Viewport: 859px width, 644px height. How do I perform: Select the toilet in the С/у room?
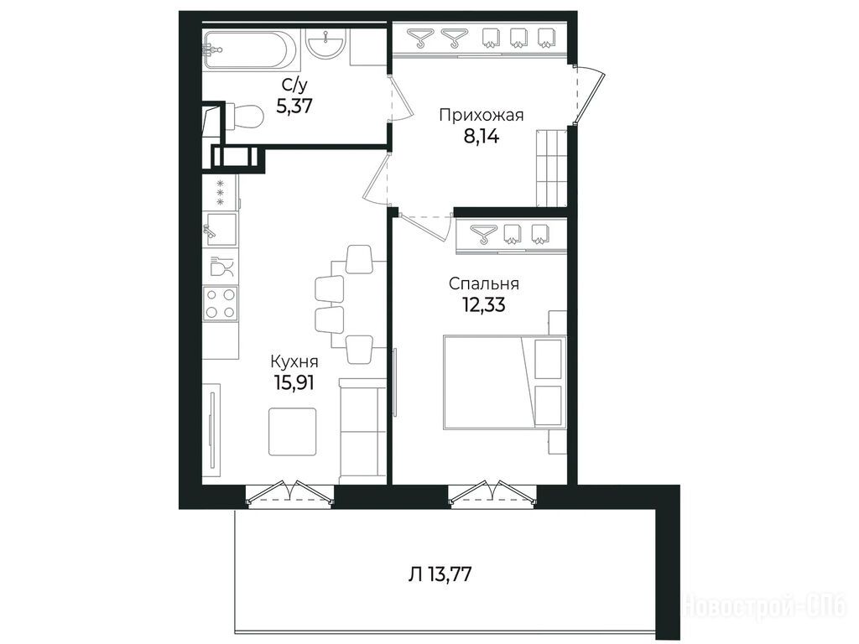pos(244,116)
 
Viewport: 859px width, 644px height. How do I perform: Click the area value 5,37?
pos(294,105)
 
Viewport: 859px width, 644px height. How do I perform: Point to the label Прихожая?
pos(482,116)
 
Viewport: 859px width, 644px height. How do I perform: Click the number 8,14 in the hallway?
pos(482,136)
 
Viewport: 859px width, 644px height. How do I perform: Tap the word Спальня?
pos(484,284)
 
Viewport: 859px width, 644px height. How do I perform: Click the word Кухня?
pos(294,362)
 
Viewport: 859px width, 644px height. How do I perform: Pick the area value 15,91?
pos(294,382)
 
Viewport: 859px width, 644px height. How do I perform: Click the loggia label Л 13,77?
pos(440,574)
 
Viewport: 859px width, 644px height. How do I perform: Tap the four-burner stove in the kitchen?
pos(221,304)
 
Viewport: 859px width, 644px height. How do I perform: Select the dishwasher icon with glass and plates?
pos(221,266)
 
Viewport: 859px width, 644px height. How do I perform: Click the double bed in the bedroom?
pos(504,382)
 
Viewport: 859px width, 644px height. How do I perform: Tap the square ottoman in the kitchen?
pos(293,432)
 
